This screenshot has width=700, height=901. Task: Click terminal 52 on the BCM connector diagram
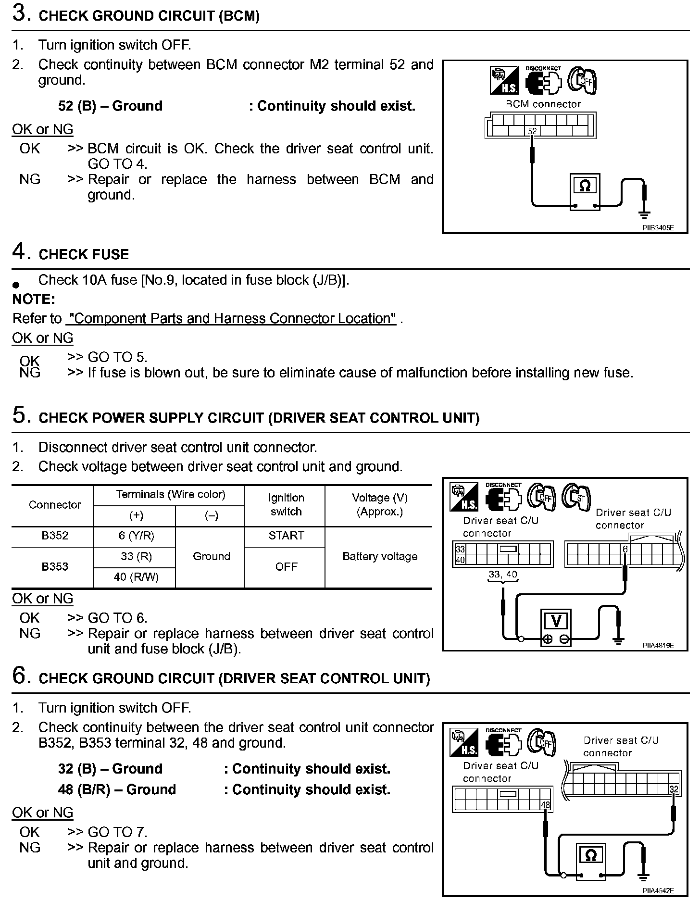click(x=532, y=131)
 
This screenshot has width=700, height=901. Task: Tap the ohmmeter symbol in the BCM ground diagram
click(x=585, y=186)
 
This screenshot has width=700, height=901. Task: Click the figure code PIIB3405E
click(x=658, y=228)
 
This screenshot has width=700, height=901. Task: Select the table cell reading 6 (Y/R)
click(x=136, y=536)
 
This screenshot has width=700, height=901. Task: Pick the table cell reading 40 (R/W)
click(x=136, y=577)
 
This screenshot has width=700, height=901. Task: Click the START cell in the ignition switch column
click(x=286, y=536)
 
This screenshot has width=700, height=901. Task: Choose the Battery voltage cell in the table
click(x=380, y=557)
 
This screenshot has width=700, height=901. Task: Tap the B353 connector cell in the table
click(x=55, y=567)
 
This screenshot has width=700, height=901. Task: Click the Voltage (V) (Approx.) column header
click(x=380, y=505)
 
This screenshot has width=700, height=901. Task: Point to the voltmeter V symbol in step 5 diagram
click(x=556, y=621)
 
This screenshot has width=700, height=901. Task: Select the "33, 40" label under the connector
click(x=503, y=575)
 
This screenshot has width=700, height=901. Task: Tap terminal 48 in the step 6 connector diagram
click(x=545, y=805)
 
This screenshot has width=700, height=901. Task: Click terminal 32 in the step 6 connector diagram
click(x=674, y=789)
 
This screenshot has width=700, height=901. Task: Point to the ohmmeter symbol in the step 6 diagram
click(x=591, y=855)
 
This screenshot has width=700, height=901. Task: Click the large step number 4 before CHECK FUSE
click(x=19, y=251)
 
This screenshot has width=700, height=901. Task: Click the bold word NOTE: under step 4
click(x=34, y=300)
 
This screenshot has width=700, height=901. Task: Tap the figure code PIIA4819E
click(x=658, y=645)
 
